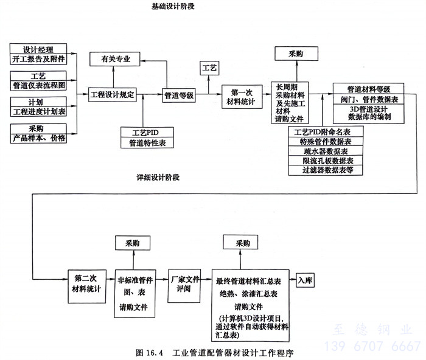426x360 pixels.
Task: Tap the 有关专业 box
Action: pos(114,59)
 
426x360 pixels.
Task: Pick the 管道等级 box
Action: pos(179,95)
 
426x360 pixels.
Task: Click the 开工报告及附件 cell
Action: pos(38,60)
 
